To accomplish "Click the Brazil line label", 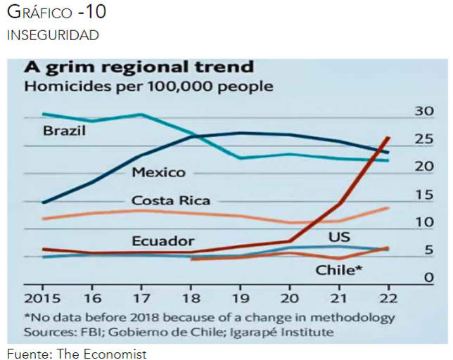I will [x=64, y=131].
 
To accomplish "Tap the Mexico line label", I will [x=158, y=172].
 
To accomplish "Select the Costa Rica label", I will [x=171, y=201].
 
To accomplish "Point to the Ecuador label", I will [x=162, y=240].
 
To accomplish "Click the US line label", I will [x=339, y=236].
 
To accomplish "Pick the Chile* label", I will [x=339, y=269].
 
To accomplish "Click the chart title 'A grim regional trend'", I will [x=139, y=67].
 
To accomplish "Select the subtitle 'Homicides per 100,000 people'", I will [x=148, y=87].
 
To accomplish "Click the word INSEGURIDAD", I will [x=53, y=35].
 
